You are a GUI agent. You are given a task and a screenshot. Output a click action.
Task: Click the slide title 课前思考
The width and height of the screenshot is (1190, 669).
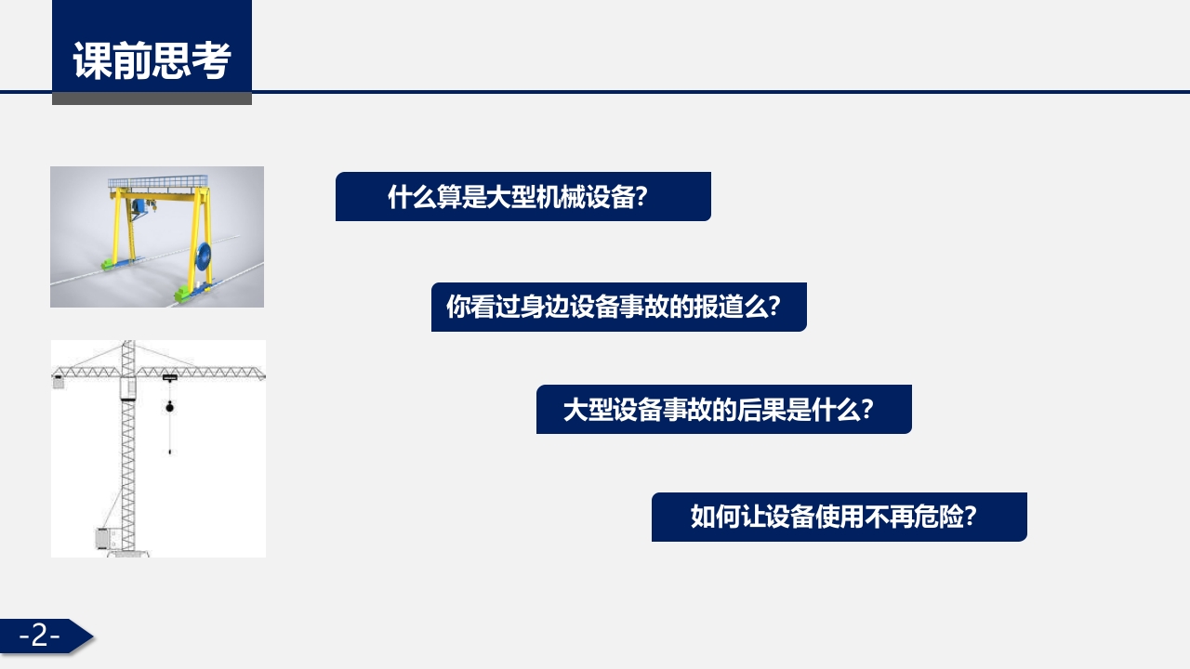[x=152, y=61]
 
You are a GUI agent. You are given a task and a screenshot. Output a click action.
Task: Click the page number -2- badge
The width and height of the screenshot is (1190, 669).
[x=42, y=636]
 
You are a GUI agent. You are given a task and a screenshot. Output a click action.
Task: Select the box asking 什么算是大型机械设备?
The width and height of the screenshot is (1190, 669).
[x=522, y=197]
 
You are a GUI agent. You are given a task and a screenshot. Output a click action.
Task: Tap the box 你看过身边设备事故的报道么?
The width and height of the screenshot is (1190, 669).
[x=618, y=308]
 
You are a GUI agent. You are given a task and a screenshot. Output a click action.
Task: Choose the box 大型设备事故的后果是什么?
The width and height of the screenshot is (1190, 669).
[x=723, y=410]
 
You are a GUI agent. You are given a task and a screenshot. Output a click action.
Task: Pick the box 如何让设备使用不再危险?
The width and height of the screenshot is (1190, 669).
[x=839, y=518]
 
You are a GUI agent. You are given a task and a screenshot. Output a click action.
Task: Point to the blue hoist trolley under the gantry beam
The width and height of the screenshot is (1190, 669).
[x=140, y=206]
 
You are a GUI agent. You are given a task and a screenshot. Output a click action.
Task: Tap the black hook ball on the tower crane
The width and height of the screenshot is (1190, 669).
[x=169, y=407]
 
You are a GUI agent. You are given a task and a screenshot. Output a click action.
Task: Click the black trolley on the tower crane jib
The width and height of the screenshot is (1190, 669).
[x=169, y=377]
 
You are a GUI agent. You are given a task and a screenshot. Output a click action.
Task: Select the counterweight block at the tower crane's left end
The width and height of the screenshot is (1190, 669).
[x=59, y=381]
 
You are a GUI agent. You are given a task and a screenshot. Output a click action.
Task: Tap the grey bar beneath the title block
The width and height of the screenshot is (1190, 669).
[x=152, y=98]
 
